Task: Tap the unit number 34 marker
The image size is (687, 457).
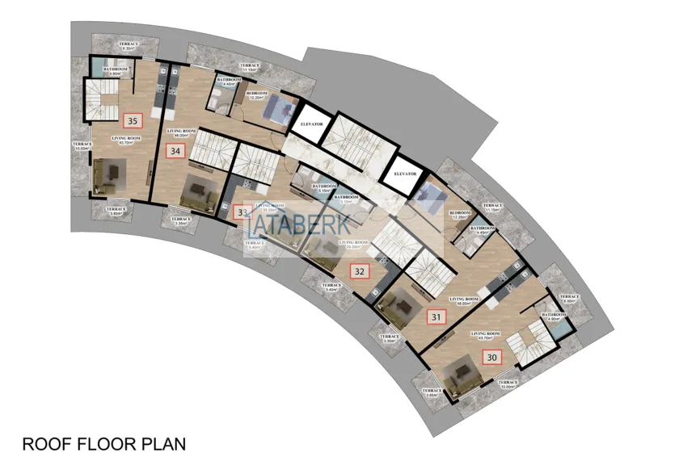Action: click(175, 150)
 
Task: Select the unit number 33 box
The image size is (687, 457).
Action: click(242, 212)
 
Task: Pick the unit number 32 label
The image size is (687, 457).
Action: click(359, 271)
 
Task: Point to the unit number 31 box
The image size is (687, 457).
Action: click(436, 317)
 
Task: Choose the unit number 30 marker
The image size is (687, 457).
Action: click(491, 355)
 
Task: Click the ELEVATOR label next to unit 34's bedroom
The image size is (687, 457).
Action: click(311, 125)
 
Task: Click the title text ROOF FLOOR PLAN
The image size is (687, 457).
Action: click(103, 443)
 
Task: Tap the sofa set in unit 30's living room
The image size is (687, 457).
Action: click(463, 370)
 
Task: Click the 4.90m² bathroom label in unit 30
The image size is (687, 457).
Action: click(554, 317)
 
